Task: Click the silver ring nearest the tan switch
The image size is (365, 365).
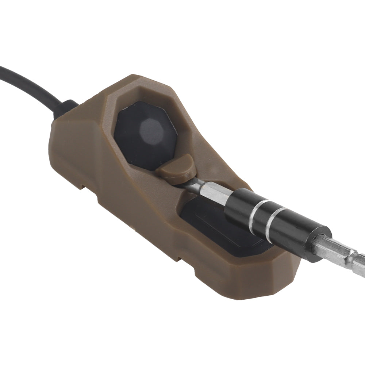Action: [x=257, y=217]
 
